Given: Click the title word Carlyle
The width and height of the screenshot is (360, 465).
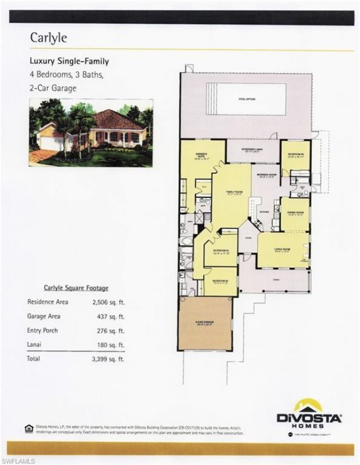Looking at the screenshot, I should (48, 38).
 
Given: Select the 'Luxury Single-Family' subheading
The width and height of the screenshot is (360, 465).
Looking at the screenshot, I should (69, 61).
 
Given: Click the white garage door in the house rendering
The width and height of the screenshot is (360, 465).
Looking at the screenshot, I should (48, 144).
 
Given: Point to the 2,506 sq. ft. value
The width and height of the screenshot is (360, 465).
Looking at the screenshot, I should (109, 302).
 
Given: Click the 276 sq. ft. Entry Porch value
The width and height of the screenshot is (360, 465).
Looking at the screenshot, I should (110, 331).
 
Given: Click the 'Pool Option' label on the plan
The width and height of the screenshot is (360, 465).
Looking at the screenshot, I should (247, 99).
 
